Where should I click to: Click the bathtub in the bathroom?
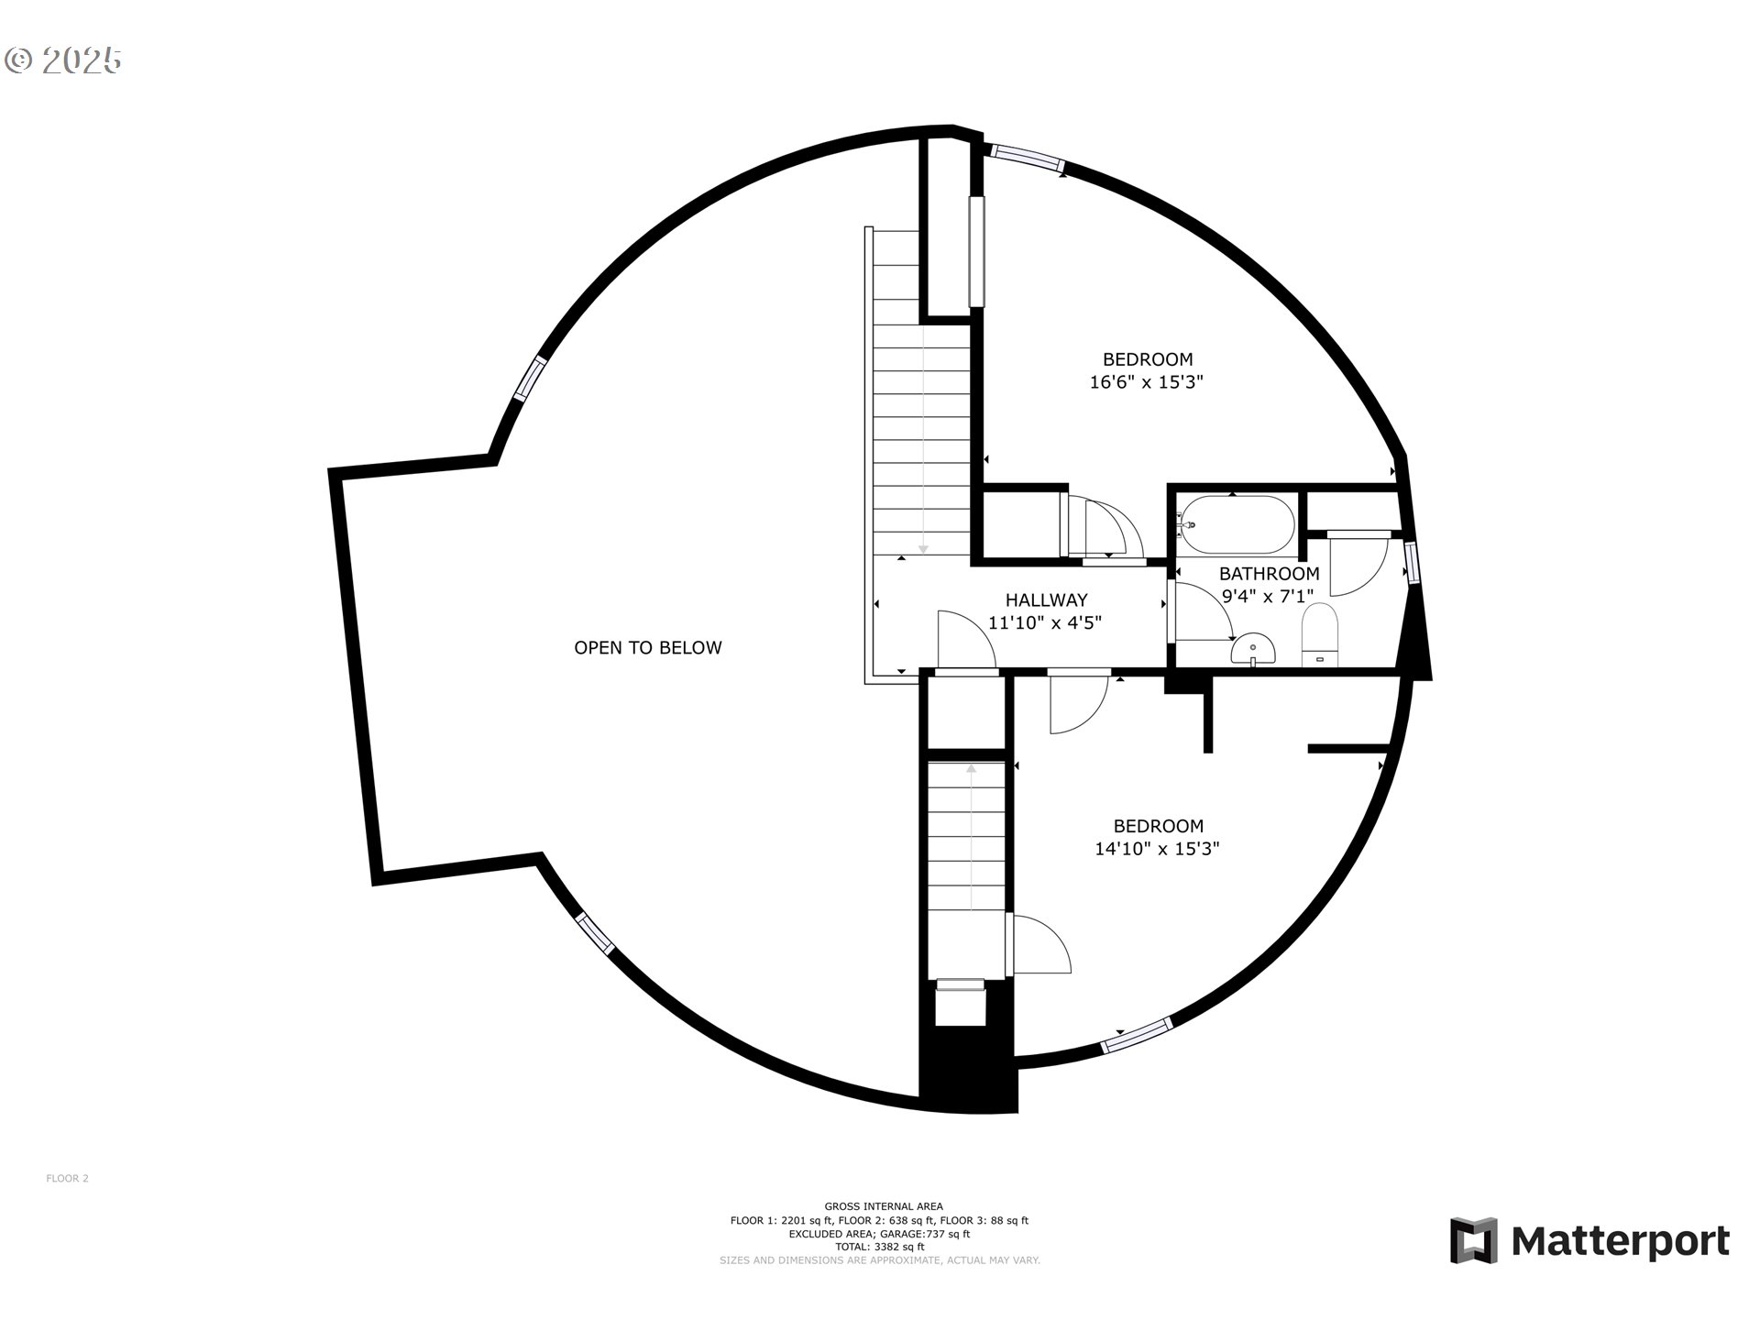(1237, 524)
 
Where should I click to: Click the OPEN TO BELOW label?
(647, 647)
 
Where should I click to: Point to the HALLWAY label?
(1046, 599)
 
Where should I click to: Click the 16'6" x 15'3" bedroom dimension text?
(1146, 381)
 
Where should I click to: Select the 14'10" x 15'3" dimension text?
(1157, 849)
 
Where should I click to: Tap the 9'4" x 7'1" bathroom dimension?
(1268, 595)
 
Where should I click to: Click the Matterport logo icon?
(1473, 1240)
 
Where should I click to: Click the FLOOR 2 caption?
(67, 1179)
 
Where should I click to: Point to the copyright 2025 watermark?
(63, 60)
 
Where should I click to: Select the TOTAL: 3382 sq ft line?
(879, 1247)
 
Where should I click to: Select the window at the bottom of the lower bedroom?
(1137, 1034)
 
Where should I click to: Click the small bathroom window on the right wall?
(1412, 563)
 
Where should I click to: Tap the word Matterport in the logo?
(1620, 1241)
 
